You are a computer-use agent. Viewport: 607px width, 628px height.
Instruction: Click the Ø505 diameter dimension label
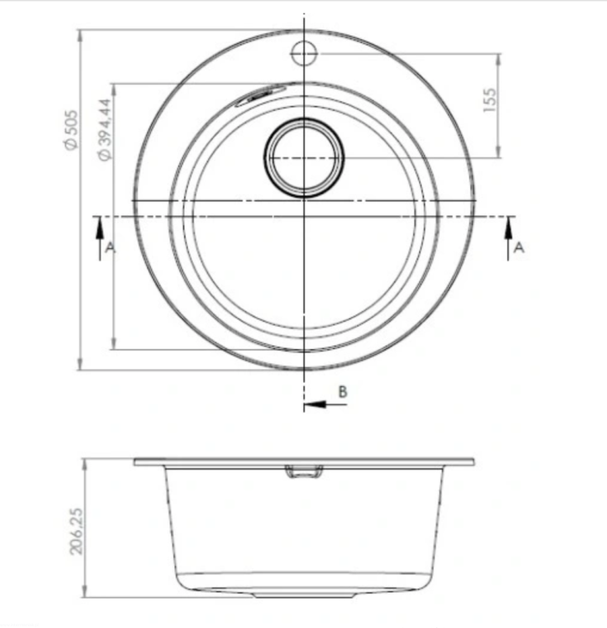(70, 130)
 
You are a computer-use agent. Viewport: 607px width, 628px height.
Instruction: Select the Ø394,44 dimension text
(104, 130)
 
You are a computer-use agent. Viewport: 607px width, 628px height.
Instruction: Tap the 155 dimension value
(489, 100)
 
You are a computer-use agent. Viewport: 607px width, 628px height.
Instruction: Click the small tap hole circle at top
(303, 54)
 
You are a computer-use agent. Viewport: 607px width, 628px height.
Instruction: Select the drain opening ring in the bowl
(303, 121)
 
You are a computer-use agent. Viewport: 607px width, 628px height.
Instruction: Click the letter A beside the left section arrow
(111, 248)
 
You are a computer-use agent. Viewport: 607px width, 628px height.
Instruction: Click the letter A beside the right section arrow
(519, 248)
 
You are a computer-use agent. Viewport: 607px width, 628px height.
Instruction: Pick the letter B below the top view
(342, 392)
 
